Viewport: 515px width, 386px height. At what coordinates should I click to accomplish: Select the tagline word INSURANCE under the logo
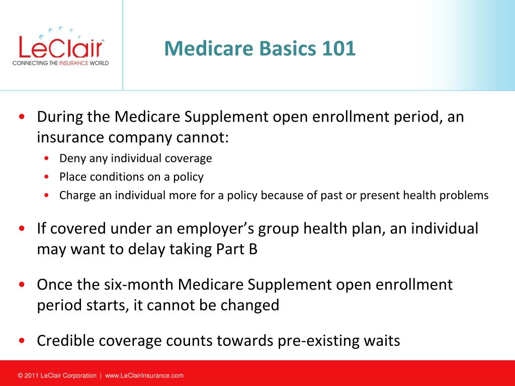pos(74,63)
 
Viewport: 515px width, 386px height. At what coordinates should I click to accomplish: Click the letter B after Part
pos(253,249)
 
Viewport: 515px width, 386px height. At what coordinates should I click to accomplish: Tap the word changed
pos(249,306)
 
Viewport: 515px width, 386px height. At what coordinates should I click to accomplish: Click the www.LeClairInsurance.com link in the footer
pos(144,375)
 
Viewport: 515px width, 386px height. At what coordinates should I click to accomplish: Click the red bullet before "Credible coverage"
pos(22,341)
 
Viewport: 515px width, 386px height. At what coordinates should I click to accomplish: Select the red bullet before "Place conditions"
pos(46,177)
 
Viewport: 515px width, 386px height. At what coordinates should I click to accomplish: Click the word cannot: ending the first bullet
pos(202,137)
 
